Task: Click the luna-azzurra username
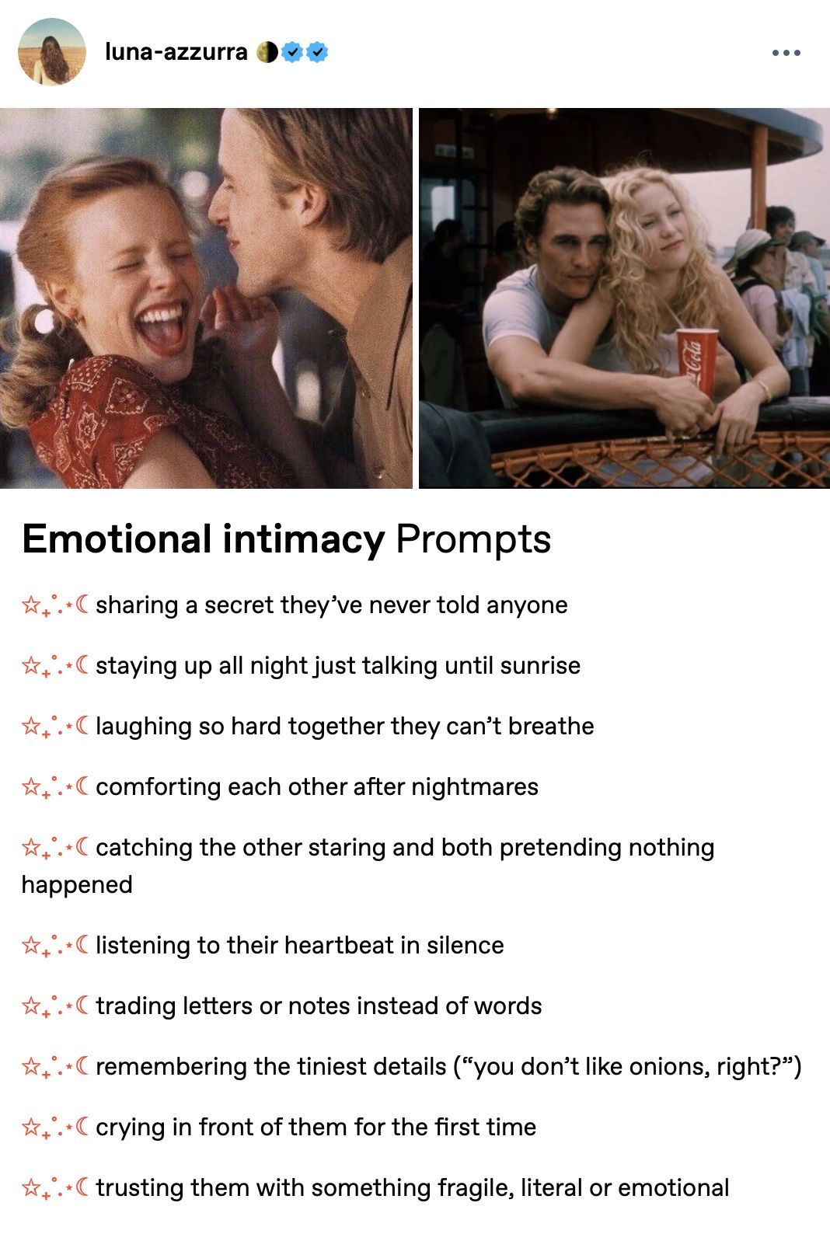[176, 52]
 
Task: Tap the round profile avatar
[52, 52]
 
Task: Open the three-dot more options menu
[786, 53]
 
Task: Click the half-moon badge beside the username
[267, 52]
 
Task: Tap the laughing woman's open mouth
[162, 329]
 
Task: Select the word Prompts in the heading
[473, 540]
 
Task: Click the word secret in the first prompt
[239, 605]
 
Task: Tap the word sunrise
[540, 665]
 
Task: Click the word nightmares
[475, 786]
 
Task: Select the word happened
[77, 885]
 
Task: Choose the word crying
[130, 1128]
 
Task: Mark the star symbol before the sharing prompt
[30, 605]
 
